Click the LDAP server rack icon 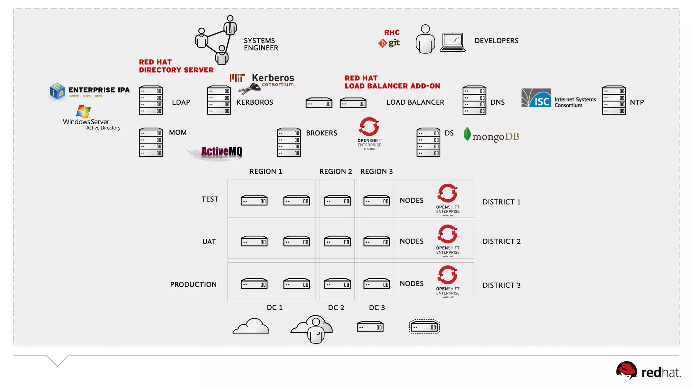click(x=151, y=100)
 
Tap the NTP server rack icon click(x=614, y=100)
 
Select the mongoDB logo click(x=492, y=136)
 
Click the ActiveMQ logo click(x=221, y=152)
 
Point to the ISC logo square click(x=536, y=98)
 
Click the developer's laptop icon click(x=452, y=42)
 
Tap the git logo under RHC click(x=389, y=43)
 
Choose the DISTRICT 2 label click(x=501, y=241)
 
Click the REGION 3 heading click(x=376, y=172)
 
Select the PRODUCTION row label click(x=193, y=285)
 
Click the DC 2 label click(x=336, y=308)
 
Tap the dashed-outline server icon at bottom click(x=424, y=327)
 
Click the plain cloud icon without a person click(x=251, y=326)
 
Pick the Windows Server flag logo click(x=83, y=111)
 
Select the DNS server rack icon click(x=474, y=100)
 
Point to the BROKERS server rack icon click(x=289, y=142)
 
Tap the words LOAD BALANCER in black click(x=415, y=102)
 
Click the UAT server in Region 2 click(x=337, y=241)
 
